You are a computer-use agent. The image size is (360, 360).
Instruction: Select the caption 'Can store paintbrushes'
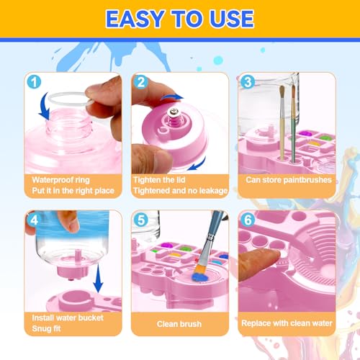pos(288,180)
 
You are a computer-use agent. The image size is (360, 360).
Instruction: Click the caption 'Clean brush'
pos(179,323)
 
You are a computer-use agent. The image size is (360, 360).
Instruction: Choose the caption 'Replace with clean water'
pos(287,323)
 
